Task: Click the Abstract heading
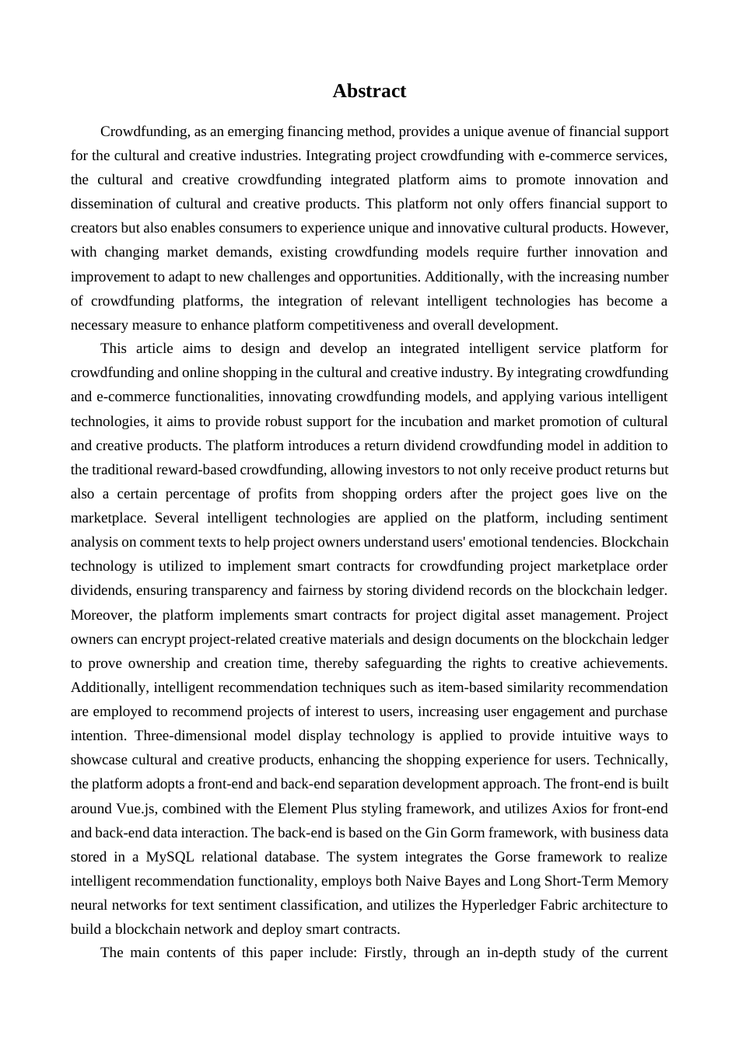point(369,91)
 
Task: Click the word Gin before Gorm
point(436,833)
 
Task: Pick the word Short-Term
point(576,881)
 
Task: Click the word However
point(639,228)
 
